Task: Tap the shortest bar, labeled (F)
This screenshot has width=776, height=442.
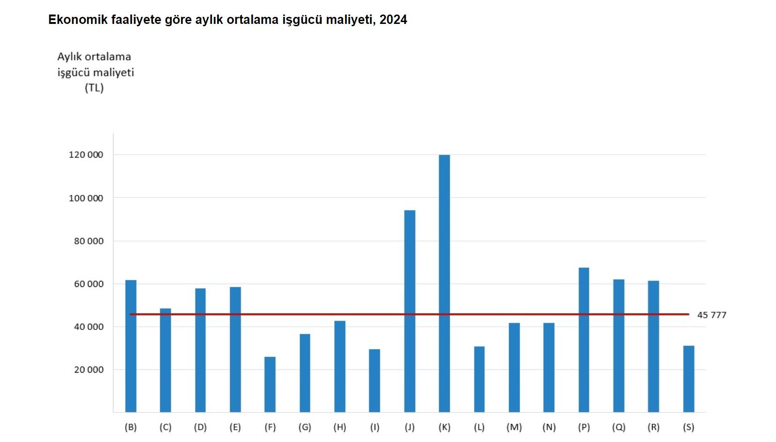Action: pyautogui.click(x=270, y=384)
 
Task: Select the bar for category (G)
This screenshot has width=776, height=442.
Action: pyautogui.click(x=305, y=373)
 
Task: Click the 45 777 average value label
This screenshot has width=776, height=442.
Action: pyautogui.click(x=711, y=315)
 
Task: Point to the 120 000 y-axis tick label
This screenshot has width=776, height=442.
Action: pyautogui.click(x=86, y=155)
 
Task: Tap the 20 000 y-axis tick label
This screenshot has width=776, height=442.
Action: pyautogui.click(x=89, y=370)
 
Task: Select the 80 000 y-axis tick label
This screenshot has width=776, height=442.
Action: pyautogui.click(x=89, y=241)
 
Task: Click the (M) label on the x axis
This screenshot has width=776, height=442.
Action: pyautogui.click(x=514, y=427)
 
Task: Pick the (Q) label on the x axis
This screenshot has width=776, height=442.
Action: pyautogui.click(x=618, y=427)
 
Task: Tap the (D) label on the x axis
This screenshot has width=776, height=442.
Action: pyautogui.click(x=200, y=427)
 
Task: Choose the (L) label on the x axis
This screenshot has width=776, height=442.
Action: pyautogui.click(x=479, y=427)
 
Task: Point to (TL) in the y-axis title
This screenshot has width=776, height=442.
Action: pyautogui.click(x=94, y=88)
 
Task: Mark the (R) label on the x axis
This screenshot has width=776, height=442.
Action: pyautogui.click(x=653, y=427)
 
